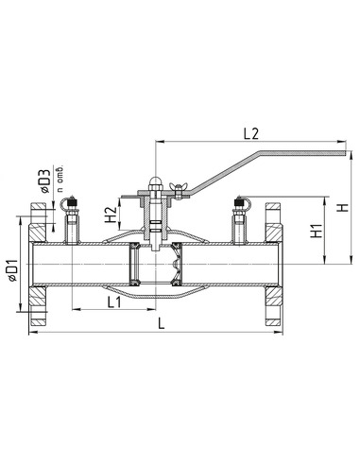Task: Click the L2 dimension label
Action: (251, 134)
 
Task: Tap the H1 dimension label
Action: (317, 231)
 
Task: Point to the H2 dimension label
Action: (111, 215)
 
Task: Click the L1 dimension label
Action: (114, 302)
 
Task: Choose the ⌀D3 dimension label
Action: (45, 181)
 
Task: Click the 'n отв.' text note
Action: (60, 179)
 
